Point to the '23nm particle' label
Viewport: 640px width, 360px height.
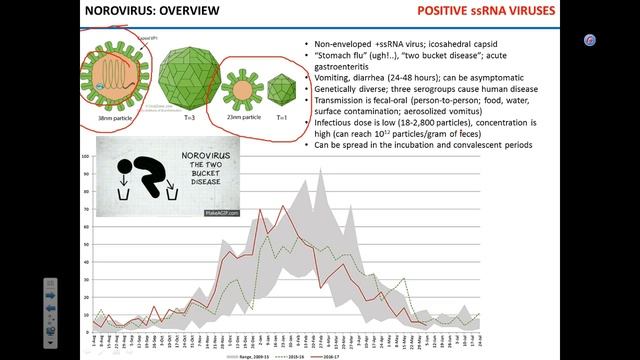point(245,117)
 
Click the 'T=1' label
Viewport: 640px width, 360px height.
point(282,117)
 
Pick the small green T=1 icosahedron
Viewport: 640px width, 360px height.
point(283,90)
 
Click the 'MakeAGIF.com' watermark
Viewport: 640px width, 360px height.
point(221,213)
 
